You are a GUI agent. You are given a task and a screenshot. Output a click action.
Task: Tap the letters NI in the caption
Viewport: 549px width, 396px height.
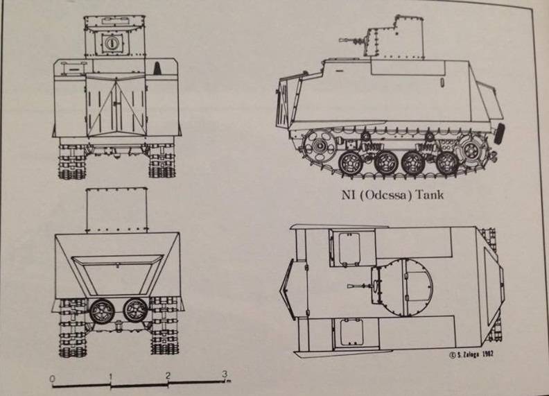click(348, 195)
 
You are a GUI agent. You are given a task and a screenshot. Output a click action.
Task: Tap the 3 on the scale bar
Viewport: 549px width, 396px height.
click(224, 375)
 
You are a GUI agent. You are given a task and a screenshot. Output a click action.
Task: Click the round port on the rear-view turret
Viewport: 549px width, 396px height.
click(110, 44)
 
